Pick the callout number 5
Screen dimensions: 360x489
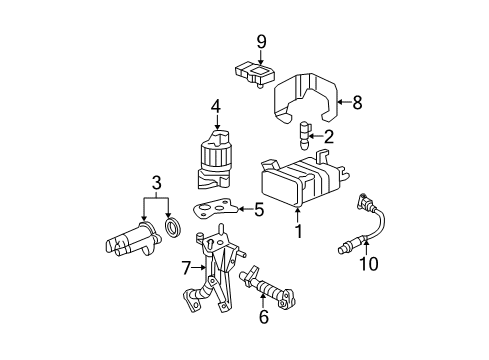(x=259, y=209)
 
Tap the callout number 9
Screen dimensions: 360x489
(x=261, y=41)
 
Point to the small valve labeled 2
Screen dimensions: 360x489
(x=304, y=131)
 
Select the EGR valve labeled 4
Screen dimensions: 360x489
(x=216, y=160)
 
